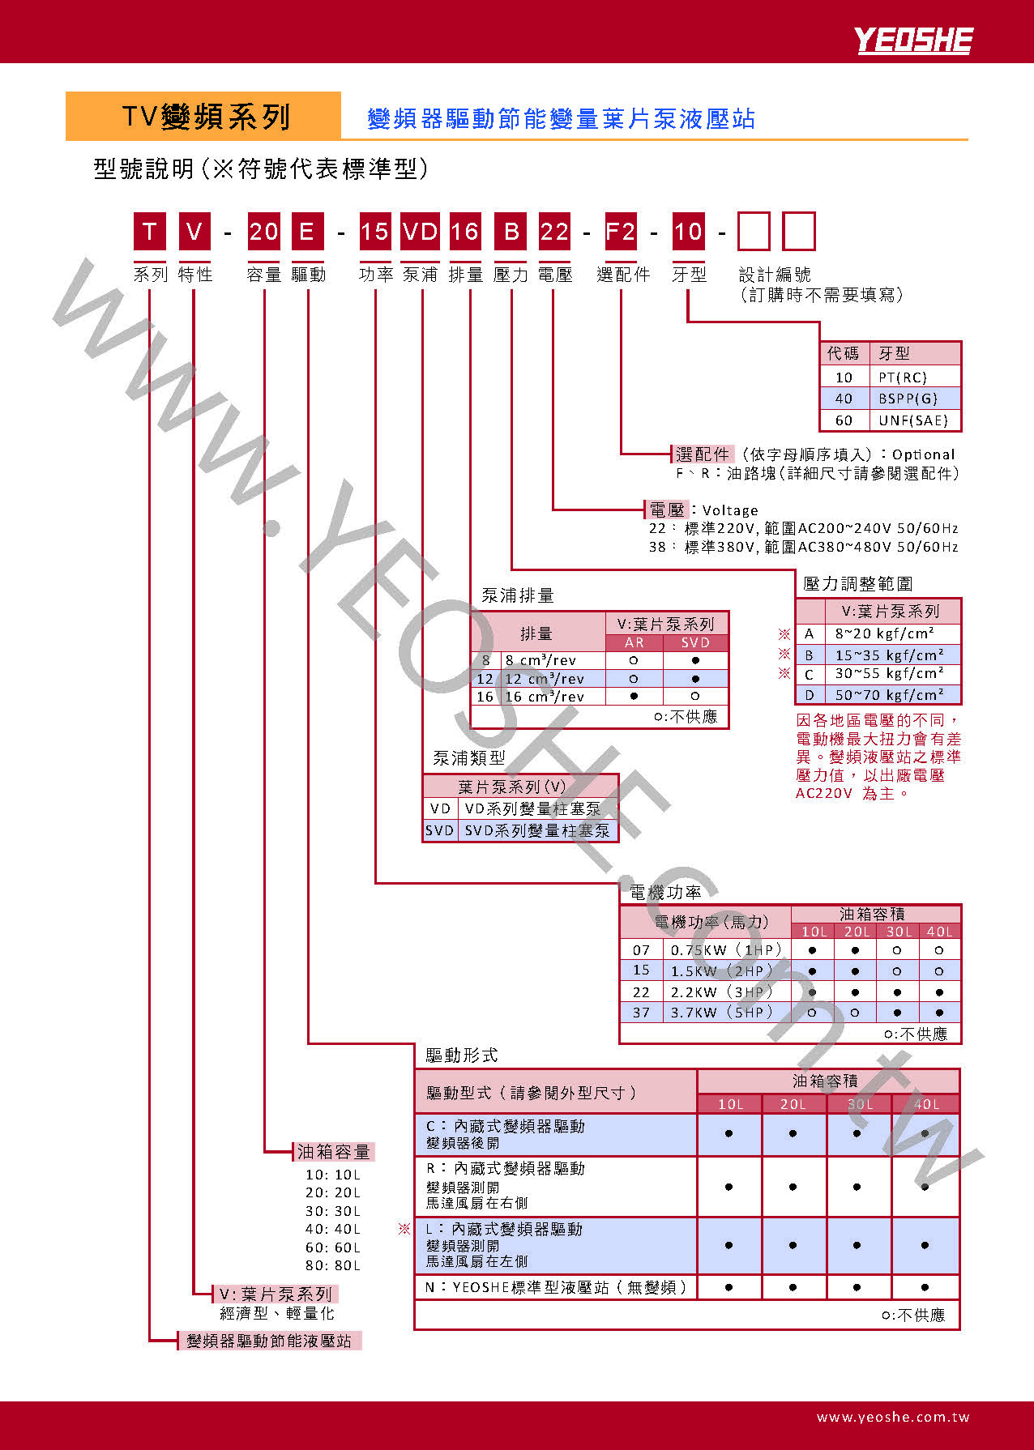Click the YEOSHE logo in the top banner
click(x=913, y=40)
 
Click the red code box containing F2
click(x=621, y=232)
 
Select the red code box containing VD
click(x=421, y=232)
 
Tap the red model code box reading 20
click(x=263, y=232)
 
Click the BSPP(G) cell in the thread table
click(x=916, y=399)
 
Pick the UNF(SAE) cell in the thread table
click(x=916, y=420)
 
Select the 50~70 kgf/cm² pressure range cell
click(x=892, y=695)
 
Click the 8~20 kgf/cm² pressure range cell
click(x=892, y=633)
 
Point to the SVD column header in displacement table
click(x=695, y=642)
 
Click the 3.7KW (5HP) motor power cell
click(x=726, y=1012)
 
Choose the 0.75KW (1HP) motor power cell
click(x=726, y=949)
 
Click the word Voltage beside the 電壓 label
click(x=730, y=510)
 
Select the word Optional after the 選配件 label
click(x=923, y=454)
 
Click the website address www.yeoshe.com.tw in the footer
click(x=893, y=1417)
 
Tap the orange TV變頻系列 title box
click(x=203, y=116)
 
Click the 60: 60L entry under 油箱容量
click(x=332, y=1247)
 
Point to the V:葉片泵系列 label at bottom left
click(x=276, y=1294)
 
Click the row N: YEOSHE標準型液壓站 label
click(x=556, y=1287)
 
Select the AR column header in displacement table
click(x=634, y=642)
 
